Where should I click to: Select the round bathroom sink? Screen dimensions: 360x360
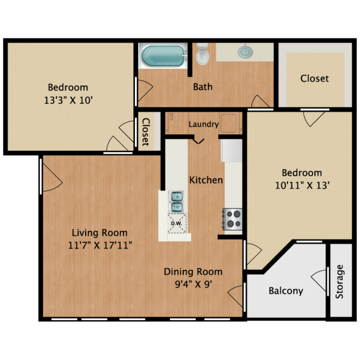tap(245, 52)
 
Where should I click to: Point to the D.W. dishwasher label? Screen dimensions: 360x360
tap(177, 224)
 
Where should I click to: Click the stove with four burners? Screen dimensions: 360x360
tap(232, 219)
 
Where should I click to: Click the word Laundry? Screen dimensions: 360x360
tap(203, 125)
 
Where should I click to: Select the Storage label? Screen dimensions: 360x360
tap(340, 282)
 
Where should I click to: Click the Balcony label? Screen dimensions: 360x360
tap(286, 291)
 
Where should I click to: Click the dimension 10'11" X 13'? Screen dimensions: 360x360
tap(302, 186)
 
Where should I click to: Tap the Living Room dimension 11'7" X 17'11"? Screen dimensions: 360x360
tap(99, 245)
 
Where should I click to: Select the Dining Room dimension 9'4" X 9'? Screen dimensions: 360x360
tap(193, 284)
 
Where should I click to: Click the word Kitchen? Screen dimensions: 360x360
tap(206, 180)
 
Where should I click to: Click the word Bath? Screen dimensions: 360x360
tap(203, 87)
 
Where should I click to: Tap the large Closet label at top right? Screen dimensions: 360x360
tap(314, 78)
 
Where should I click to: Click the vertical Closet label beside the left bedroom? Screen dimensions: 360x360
tap(145, 131)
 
